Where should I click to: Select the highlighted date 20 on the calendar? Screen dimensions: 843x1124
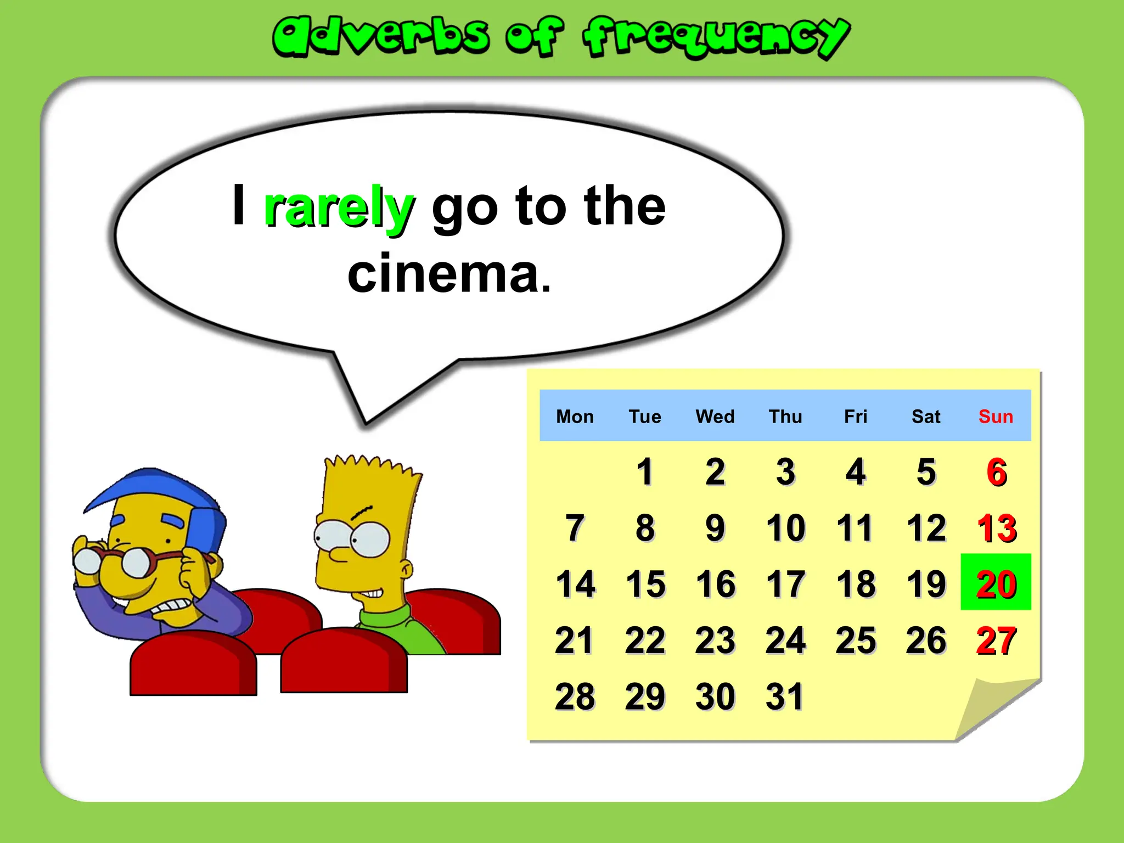(996, 583)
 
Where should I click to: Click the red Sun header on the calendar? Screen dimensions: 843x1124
(996, 417)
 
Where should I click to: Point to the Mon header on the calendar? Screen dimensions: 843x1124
(575, 417)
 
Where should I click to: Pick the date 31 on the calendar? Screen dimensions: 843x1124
(785, 696)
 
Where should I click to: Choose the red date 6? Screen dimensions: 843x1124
(996, 471)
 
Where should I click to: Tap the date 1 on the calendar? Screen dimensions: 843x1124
(645, 471)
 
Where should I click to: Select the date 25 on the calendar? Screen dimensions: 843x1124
(856, 640)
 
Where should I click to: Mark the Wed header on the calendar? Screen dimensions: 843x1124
(715, 417)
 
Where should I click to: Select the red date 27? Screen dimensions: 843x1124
(996, 640)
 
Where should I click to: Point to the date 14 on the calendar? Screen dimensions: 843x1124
(575, 583)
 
